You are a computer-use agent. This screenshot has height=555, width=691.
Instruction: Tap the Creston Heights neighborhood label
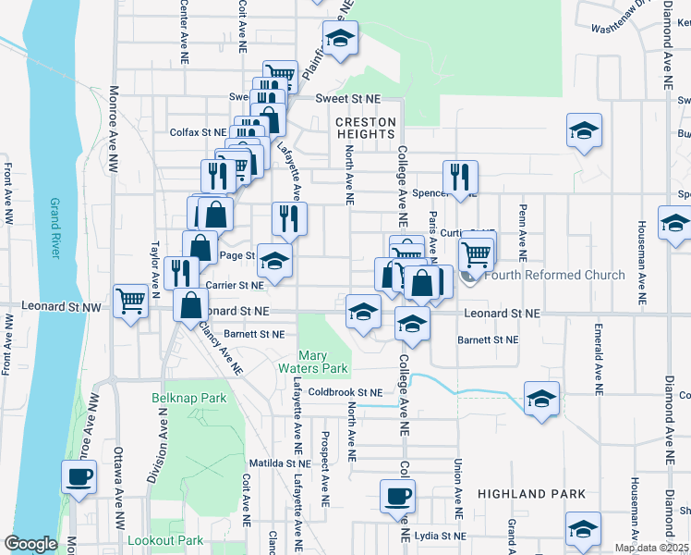365,128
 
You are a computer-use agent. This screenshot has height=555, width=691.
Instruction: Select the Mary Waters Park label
322,362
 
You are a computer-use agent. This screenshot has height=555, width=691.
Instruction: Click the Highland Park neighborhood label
531,495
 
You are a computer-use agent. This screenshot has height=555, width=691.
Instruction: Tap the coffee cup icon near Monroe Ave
79,477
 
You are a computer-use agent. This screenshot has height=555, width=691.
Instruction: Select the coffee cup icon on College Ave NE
398,496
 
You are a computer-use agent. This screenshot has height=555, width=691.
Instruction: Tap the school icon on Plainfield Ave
340,39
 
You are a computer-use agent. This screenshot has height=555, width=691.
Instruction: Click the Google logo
30,544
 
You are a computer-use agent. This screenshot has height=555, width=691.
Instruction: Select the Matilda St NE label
280,462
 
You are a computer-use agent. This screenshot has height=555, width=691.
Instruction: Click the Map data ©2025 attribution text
651,548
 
